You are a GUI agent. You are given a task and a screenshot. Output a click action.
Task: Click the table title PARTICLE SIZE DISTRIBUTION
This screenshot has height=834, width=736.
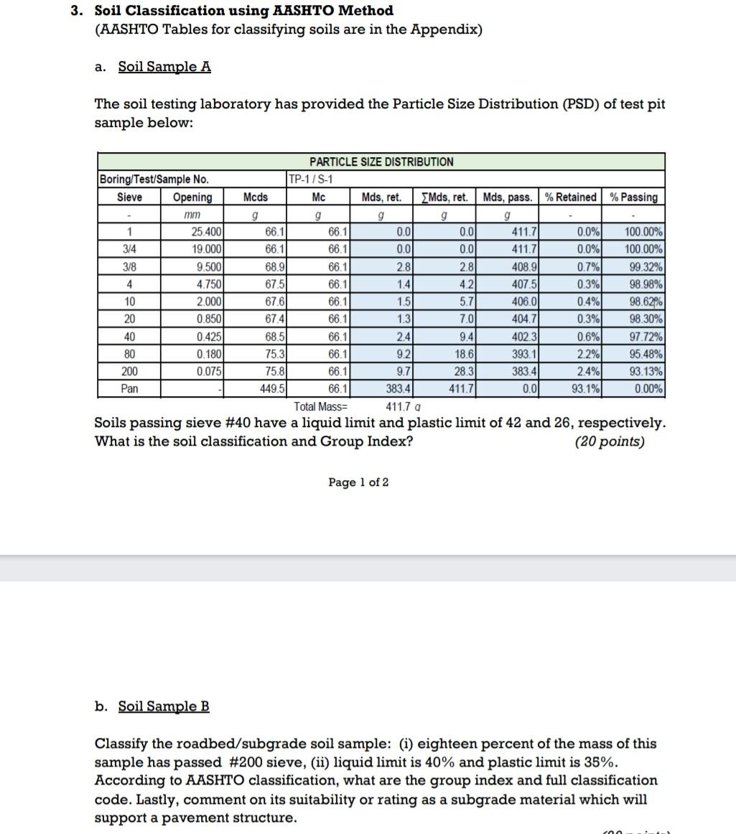(x=381, y=161)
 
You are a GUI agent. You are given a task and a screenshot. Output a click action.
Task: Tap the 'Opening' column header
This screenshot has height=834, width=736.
(x=192, y=197)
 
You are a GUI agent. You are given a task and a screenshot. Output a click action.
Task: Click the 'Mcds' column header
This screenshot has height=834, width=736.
(x=256, y=197)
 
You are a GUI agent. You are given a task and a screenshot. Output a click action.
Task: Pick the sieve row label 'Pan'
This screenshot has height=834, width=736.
(x=129, y=388)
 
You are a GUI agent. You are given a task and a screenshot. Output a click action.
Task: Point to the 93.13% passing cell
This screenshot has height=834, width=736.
(x=643, y=371)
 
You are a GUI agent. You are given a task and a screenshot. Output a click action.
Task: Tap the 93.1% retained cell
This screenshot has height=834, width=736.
(x=587, y=388)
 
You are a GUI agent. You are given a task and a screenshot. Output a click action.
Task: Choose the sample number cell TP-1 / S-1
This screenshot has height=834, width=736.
(x=310, y=179)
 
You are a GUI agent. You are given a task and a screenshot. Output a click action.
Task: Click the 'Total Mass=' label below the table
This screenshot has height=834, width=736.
(x=320, y=406)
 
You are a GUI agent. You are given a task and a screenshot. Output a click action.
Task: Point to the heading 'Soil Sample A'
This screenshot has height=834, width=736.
(x=164, y=67)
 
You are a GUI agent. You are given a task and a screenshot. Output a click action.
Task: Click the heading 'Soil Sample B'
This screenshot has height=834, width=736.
(x=164, y=706)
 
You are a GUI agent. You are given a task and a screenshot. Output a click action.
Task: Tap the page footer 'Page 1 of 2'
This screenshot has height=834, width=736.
(x=358, y=482)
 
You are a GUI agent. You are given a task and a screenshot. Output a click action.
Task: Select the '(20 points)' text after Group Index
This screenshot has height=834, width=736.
(x=610, y=441)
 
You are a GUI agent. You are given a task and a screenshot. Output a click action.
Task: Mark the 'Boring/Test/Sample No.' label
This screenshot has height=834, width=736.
(x=154, y=179)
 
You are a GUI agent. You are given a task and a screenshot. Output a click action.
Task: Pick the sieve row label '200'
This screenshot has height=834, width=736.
(x=129, y=371)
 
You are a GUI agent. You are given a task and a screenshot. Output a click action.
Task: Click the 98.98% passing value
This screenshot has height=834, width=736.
(x=643, y=284)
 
